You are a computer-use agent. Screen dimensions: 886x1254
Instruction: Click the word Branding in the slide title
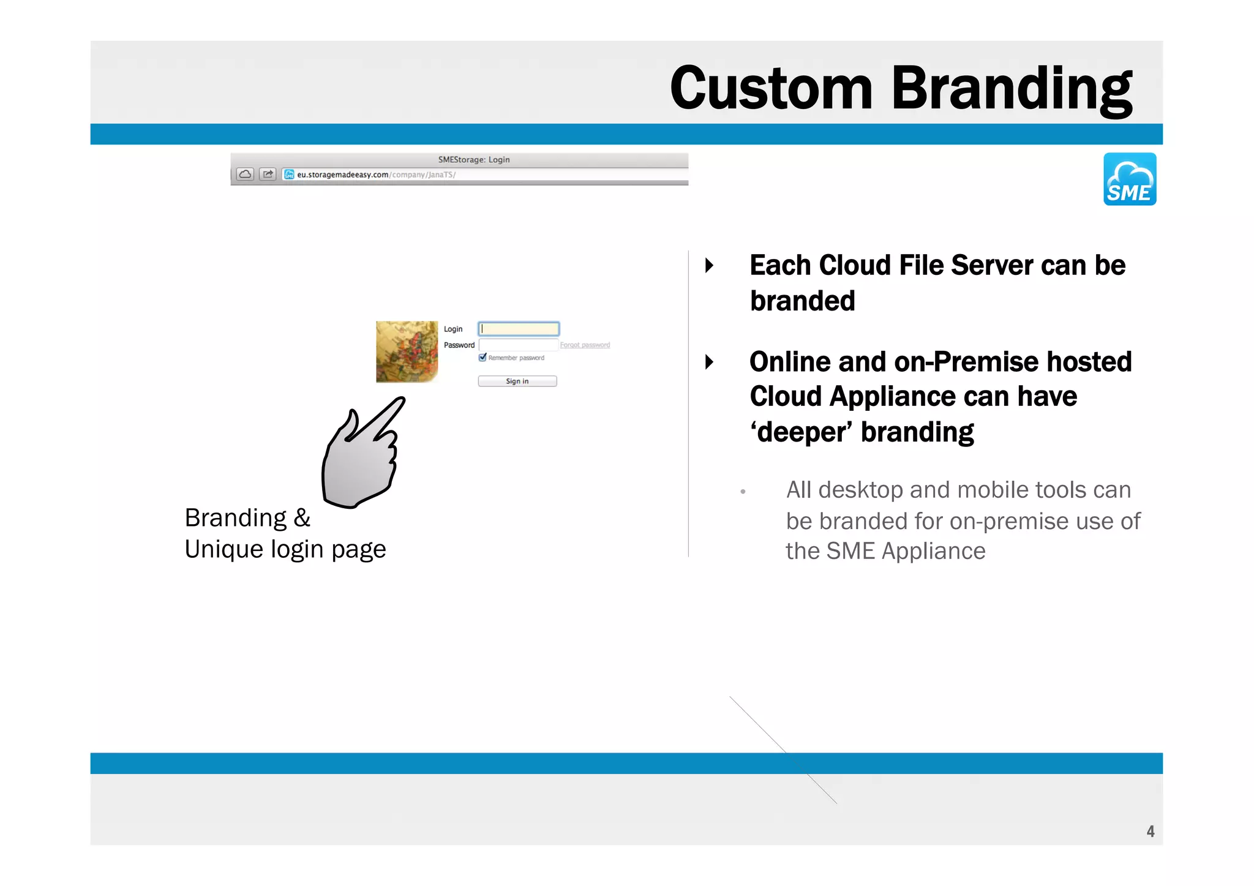tap(1011, 89)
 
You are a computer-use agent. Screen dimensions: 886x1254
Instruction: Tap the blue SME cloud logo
tap(1129, 179)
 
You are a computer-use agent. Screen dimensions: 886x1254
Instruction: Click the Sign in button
tap(517, 381)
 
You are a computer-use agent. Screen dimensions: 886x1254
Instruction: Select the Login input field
tap(519, 329)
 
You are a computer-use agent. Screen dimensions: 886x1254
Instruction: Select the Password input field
tap(518, 345)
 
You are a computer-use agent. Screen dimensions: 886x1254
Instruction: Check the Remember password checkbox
tap(482, 358)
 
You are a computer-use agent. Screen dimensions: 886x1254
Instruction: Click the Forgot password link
tap(585, 345)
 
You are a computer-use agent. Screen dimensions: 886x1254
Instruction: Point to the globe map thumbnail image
tap(407, 351)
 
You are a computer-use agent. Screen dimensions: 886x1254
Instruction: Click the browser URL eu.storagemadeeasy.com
tap(342, 175)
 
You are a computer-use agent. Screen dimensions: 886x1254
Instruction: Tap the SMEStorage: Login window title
tap(473, 160)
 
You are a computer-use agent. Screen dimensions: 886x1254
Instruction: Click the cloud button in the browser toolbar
tap(245, 175)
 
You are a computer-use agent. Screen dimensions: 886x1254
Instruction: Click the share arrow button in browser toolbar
tap(268, 175)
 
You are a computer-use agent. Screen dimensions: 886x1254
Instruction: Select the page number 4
tap(1150, 831)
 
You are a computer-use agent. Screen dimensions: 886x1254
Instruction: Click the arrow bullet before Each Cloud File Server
tap(709, 266)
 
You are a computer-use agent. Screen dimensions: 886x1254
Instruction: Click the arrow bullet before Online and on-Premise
tap(709, 362)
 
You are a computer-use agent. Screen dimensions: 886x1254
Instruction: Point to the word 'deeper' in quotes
tap(801, 432)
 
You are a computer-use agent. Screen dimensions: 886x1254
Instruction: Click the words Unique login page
tap(285, 549)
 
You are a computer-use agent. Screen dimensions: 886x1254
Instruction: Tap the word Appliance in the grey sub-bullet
tap(933, 551)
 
